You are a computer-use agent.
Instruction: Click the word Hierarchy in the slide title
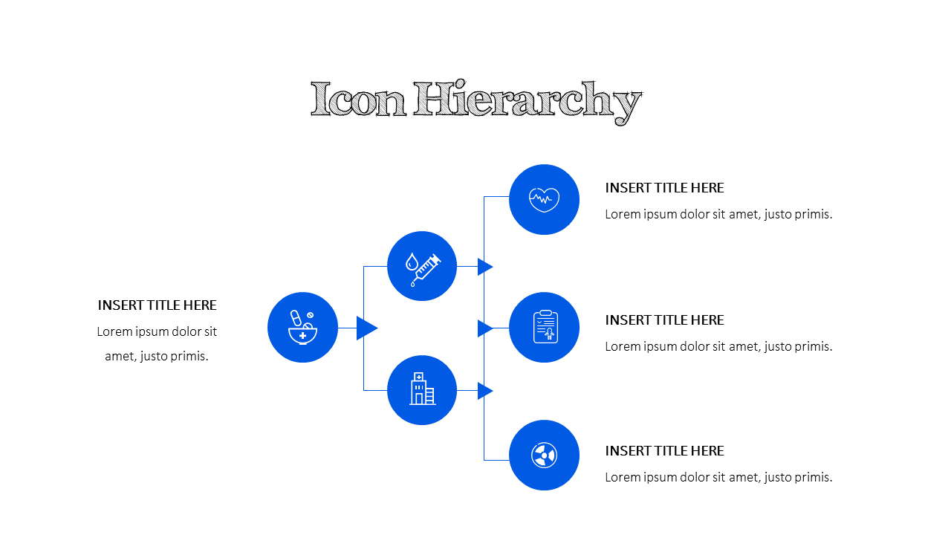[x=528, y=102]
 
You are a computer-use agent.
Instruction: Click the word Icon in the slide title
[x=358, y=100]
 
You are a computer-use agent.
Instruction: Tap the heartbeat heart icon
[x=544, y=200]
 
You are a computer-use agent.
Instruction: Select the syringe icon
[x=426, y=270]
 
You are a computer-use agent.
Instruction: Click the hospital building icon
[x=422, y=389]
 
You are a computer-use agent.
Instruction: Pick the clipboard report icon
[x=545, y=326]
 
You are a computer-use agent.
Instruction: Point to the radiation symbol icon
[x=544, y=455]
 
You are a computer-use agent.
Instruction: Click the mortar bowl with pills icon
[x=302, y=328]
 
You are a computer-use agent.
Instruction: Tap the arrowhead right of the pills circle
[x=367, y=328]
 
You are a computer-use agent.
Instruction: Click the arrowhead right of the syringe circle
[x=485, y=267]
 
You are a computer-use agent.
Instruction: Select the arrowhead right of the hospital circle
[x=485, y=391]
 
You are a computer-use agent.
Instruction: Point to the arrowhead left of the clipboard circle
[x=485, y=328]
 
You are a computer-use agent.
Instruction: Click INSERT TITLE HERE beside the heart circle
[x=664, y=188]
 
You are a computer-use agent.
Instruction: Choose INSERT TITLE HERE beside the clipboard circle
[x=664, y=320]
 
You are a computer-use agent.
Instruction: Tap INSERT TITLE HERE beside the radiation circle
[x=664, y=450]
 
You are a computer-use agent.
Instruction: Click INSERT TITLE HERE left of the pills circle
[x=157, y=305]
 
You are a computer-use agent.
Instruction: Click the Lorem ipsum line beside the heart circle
[x=718, y=214]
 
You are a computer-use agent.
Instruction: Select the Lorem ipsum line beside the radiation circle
[x=718, y=477]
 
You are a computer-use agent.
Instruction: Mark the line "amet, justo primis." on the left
[x=157, y=356]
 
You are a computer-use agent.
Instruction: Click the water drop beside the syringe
[x=412, y=262]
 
